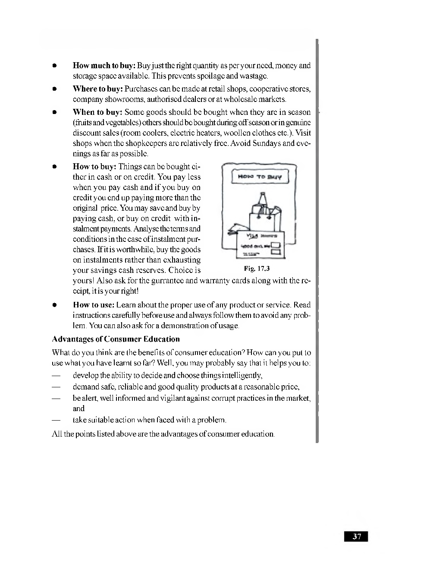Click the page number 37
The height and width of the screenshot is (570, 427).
(356, 536)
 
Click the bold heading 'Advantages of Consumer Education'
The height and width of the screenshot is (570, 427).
(116, 339)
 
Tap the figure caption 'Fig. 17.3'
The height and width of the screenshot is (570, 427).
(257, 269)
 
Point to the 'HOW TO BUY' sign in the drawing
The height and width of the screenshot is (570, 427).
(259, 177)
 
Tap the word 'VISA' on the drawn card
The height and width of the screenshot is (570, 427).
(251, 236)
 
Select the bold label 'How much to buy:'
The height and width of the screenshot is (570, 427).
(104, 66)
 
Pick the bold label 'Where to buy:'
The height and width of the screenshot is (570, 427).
(98, 89)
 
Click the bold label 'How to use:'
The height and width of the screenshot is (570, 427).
(94, 305)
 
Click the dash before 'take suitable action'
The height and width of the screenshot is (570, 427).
(55, 420)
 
